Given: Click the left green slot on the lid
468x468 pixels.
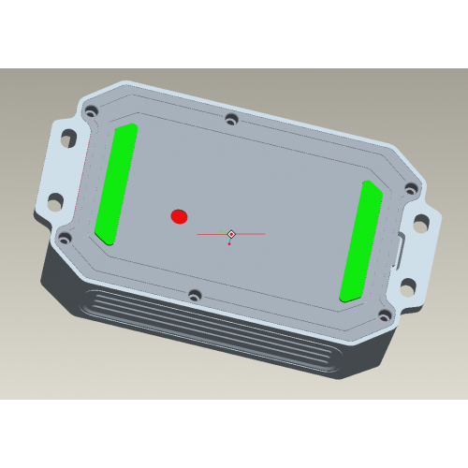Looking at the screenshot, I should click(116, 183).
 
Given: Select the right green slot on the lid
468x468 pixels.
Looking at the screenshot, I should click(360, 241).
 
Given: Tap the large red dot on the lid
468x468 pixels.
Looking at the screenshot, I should click(179, 217).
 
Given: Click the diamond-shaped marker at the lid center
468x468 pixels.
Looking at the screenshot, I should click(231, 233).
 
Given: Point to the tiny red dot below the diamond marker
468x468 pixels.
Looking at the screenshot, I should click(229, 244).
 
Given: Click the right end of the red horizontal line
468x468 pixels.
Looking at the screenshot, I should click(265, 233).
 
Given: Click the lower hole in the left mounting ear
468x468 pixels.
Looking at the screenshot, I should click(54, 200).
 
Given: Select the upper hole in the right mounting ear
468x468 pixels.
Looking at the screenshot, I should click(420, 223).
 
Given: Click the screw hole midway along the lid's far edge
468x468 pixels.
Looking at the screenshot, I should click(231, 120).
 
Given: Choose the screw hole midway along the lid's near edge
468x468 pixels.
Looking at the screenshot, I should click(195, 296).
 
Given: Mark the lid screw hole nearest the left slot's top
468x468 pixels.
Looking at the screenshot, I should click(91, 111).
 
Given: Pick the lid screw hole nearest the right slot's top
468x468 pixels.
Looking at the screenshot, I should click(409, 189).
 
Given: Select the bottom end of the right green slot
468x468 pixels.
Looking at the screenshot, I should click(348, 294).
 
